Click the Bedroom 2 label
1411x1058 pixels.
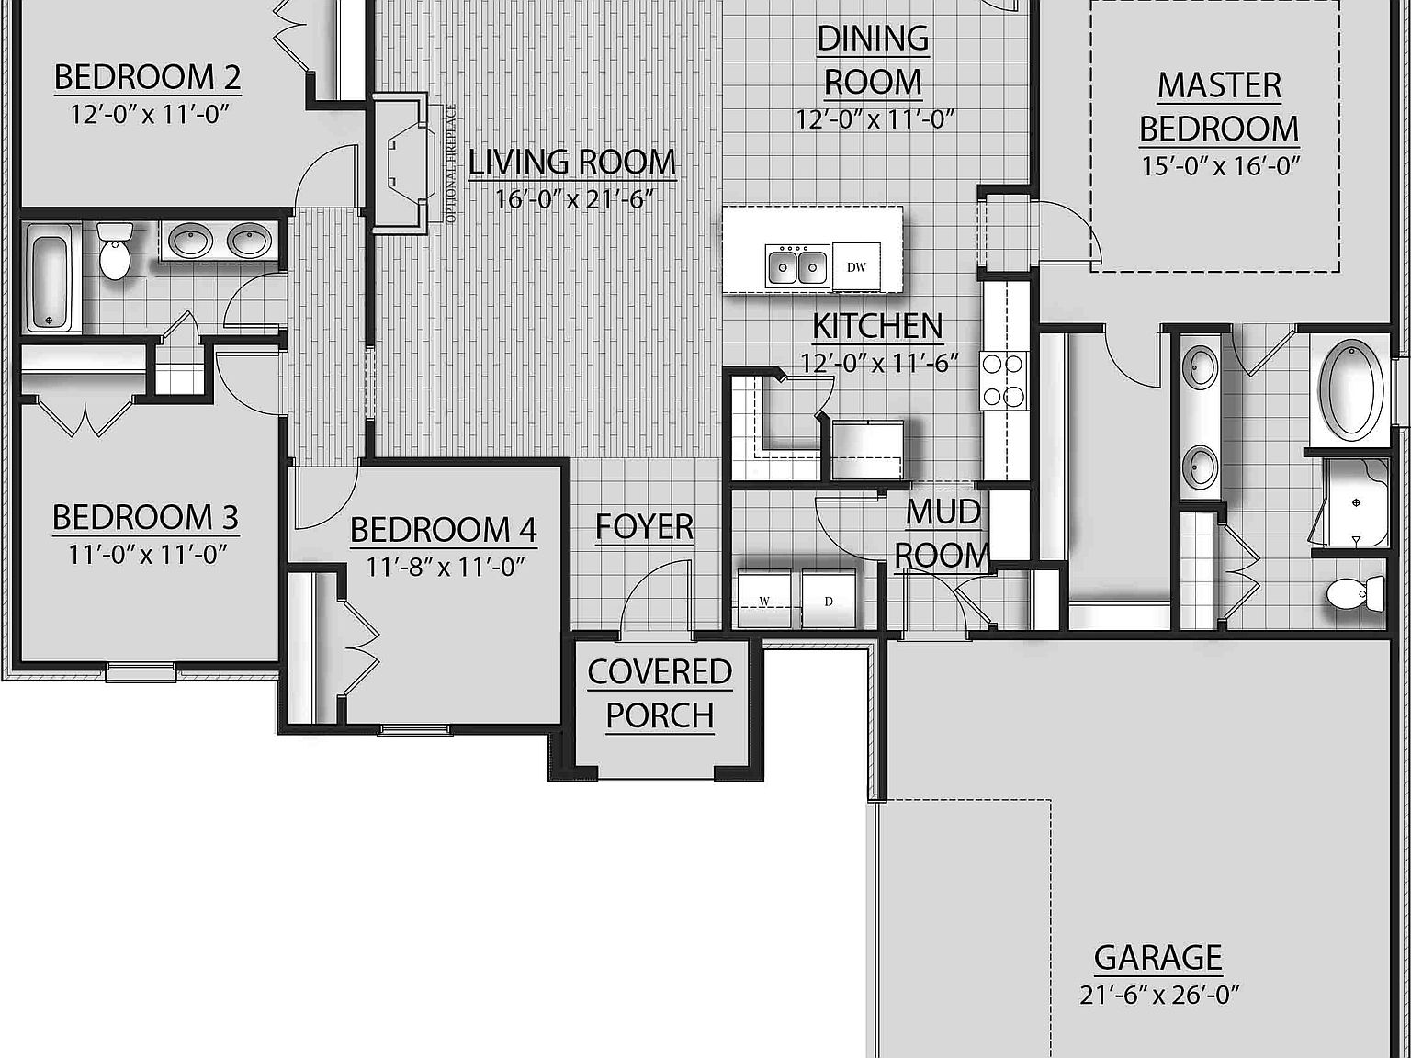147,77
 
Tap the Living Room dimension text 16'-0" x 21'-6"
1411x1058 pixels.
573,199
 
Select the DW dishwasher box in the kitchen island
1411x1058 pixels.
856,267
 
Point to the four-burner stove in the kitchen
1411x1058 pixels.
1003,380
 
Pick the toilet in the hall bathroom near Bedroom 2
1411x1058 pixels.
115,249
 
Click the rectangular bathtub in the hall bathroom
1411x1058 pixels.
51,282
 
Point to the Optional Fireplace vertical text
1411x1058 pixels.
451,163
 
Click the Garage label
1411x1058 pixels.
1157,957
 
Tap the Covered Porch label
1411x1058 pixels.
660,693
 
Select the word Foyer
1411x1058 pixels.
644,527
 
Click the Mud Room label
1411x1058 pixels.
943,534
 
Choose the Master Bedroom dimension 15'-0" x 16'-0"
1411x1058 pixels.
1220,166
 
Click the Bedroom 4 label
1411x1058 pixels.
444,530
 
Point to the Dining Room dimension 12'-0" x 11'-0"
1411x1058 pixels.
875,119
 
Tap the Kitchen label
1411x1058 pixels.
877,326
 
